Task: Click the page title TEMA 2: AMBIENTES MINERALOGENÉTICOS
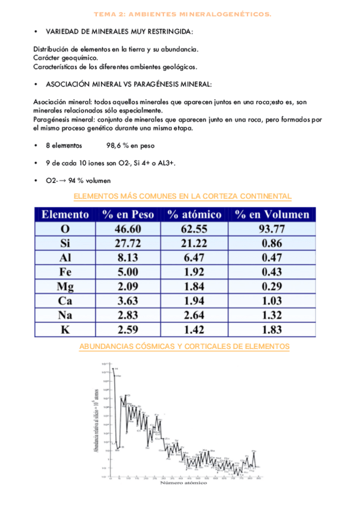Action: pyautogui.click(x=183, y=14)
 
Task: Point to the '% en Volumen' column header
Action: pyautogui.click(x=272, y=214)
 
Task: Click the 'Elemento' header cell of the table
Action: pyautogui.click(x=65, y=214)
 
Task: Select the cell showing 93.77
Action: pyautogui.click(x=272, y=229)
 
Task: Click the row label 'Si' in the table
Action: pyautogui.click(x=65, y=243)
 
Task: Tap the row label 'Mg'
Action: pyautogui.click(x=65, y=286)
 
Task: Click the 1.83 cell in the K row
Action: pyautogui.click(x=272, y=329)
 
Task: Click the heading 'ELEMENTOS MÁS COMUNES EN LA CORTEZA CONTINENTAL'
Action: pyautogui.click(x=182, y=196)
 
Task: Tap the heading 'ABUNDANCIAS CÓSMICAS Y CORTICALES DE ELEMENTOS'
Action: pyautogui.click(x=185, y=346)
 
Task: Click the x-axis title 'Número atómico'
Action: pyautogui.click(x=183, y=483)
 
